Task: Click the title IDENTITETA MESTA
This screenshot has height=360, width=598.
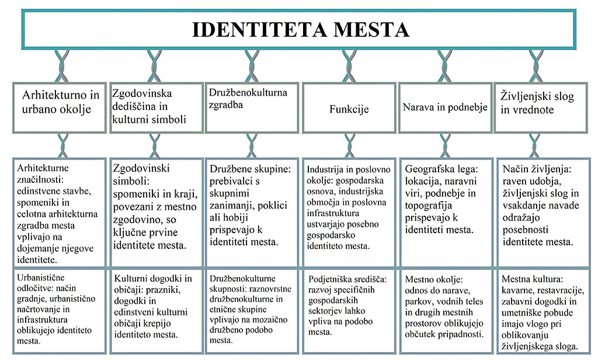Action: (x=300, y=30)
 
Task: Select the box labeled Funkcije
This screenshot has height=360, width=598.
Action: (x=349, y=108)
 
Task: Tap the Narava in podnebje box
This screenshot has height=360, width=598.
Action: (x=444, y=108)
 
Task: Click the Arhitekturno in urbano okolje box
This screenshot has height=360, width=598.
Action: (x=60, y=108)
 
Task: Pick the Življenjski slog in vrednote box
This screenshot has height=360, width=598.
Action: (x=541, y=108)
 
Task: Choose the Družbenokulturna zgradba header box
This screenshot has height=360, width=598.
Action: (x=252, y=108)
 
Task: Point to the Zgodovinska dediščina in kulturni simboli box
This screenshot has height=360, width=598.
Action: (x=156, y=108)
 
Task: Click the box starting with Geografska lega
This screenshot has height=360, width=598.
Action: (x=445, y=213)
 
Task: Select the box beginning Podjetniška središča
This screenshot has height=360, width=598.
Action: (x=349, y=311)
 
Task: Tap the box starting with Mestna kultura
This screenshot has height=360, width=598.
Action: (x=541, y=311)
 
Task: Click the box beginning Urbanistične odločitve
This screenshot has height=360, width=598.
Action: (x=60, y=311)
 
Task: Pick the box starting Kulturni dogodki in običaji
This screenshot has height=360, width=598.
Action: (x=156, y=311)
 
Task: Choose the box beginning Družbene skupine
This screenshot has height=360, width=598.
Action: (x=252, y=213)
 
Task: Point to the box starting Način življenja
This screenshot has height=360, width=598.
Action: (x=541, y=213)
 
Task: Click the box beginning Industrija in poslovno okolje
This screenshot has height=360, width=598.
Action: (x=349, y=213)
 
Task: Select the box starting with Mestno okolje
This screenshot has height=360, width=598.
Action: (x=445, y=311)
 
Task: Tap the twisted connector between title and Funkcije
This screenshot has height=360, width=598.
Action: (x=349, y=66)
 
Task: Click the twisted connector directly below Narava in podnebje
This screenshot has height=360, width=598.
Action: (x=444, y=146)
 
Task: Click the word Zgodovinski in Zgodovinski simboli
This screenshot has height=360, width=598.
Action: (x=141, y=168)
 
